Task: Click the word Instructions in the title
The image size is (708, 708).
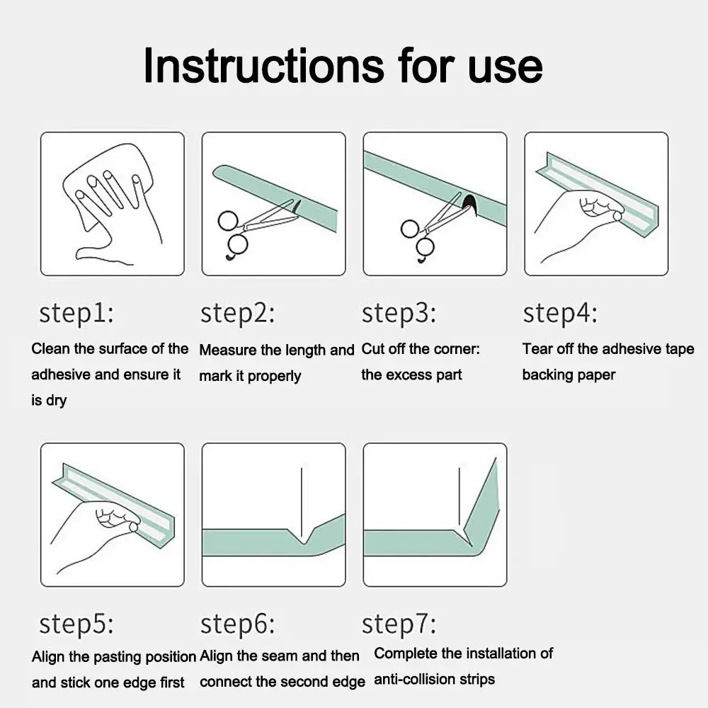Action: click(263, 66)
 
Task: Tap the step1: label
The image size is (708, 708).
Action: click(76, 313)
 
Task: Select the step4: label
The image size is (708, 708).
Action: click(560, 312)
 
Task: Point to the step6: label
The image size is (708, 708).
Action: click(237, 624)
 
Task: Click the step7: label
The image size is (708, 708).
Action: click(399, 624)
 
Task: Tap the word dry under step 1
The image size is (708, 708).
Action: click(56, 401)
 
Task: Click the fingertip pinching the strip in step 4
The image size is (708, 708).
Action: click(617, 217)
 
